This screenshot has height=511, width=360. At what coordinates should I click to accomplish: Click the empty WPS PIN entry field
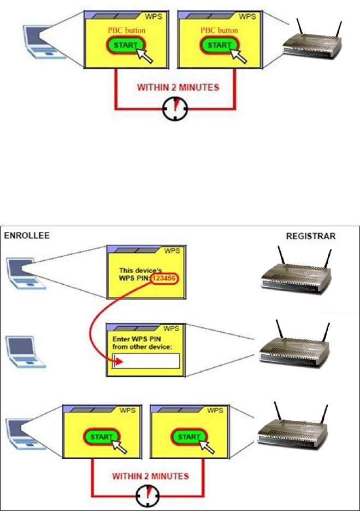(145, 360)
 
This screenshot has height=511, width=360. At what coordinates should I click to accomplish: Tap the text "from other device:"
(143, 348)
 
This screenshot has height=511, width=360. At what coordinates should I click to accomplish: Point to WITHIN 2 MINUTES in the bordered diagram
(150, 476)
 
